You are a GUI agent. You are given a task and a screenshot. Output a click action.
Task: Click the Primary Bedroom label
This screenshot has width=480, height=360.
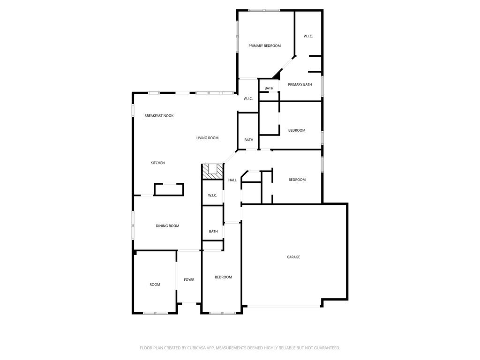264,45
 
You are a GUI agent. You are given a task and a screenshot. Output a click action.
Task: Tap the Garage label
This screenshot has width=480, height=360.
293,257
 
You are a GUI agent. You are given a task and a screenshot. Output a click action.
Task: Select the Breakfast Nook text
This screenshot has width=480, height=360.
159,116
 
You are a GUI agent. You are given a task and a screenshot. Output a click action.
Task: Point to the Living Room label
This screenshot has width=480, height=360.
207,138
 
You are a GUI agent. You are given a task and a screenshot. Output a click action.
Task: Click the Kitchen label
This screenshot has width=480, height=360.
157,163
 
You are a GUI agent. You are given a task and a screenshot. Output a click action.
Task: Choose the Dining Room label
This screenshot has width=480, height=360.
167,226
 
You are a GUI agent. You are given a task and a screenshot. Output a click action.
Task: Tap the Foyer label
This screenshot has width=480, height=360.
189,279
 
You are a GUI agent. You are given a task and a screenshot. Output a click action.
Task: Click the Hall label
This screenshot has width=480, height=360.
232,180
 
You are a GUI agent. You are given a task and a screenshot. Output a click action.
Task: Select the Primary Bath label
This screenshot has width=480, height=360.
300,84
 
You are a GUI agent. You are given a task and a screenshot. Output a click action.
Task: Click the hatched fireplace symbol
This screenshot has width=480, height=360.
212,172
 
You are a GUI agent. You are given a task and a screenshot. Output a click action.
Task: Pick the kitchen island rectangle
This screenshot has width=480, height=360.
169,189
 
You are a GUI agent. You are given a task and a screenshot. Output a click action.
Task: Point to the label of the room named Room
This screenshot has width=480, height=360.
155,285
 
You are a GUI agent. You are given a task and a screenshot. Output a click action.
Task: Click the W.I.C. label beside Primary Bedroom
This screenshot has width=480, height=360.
308,36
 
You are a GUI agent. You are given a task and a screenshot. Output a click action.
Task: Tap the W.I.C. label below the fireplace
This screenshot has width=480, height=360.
212,195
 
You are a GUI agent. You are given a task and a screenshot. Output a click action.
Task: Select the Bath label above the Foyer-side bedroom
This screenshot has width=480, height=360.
213,232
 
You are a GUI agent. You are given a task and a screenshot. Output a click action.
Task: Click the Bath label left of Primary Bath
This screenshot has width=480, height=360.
269,88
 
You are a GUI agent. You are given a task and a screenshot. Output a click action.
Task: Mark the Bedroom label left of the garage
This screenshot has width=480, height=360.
223,277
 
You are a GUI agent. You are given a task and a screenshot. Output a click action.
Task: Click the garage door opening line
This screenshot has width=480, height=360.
284,306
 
